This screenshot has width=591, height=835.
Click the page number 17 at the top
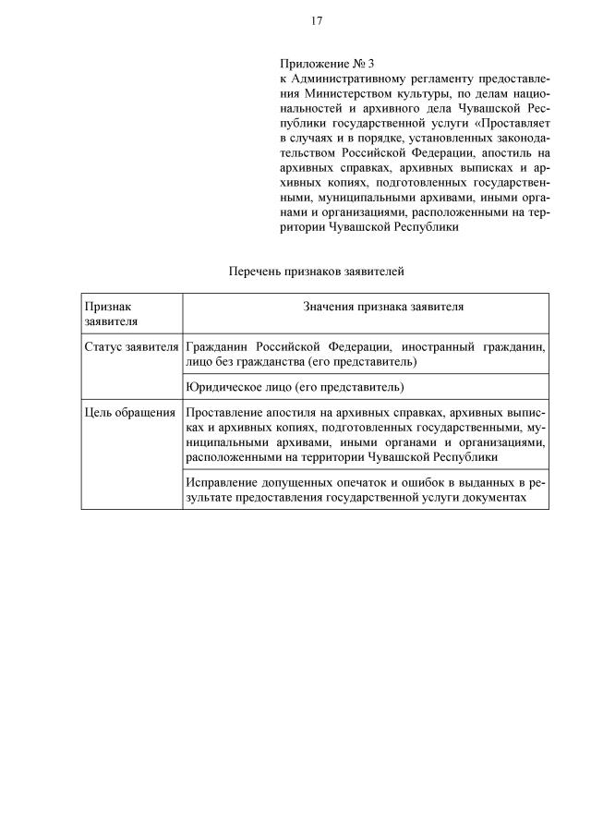point(316,20)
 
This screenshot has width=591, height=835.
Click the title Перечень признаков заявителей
point(316,272)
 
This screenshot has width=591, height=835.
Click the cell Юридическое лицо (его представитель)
point(295,386)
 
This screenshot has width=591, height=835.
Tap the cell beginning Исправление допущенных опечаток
point(365,490)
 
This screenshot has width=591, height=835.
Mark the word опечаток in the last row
point(370,482)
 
